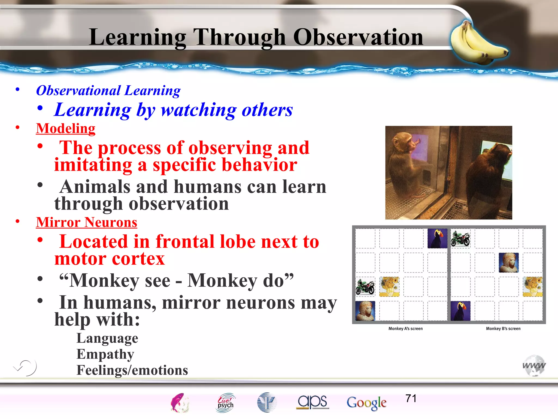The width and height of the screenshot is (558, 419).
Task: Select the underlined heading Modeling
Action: pyautogui.click(x=66, y=128)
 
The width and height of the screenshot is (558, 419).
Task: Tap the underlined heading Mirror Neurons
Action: pyautogui.click(x=86, y=222)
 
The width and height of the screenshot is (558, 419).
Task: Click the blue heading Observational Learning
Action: pyautogui.click(x=108, y=91)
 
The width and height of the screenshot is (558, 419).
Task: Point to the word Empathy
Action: pyautogui.click(x=105, y=354)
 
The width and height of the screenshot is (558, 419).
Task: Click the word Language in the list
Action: pyautogui.click(x=107, y=338)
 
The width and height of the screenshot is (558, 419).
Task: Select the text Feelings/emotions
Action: pyautogui.click(x=132, y=370)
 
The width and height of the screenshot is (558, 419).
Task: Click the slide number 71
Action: pyautogui.click(x=411, y=399)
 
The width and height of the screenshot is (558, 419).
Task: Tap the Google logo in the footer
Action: pyautogui.click(x=366, y=403)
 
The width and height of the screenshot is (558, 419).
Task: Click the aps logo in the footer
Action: pyautogui.click(x=313, y=402)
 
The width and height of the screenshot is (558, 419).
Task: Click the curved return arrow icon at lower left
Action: pyautogui.click(x=26, y=368)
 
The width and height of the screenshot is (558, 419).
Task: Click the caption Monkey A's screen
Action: pyautogui.click(x=405, y=329)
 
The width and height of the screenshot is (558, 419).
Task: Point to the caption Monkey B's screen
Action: pyautogui.click(x=503, y=329)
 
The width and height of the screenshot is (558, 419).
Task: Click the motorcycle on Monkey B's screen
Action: pyautogui.click(x=460, y=238)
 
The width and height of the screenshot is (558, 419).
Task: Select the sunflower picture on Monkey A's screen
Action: pyautogui.click(x=389, y=287)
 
